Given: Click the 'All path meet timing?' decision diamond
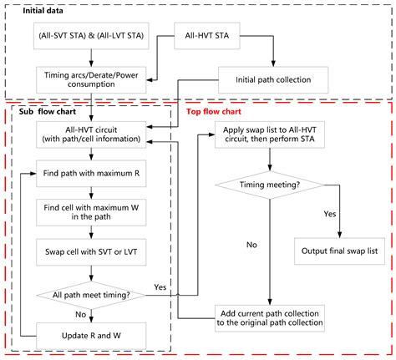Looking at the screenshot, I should click(x=81, y=295).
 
